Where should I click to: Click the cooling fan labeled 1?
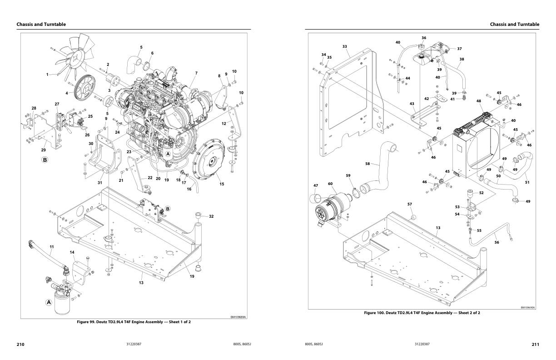point(75,52)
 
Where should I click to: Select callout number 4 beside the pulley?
point(67,93)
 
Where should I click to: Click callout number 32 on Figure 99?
point(211,217)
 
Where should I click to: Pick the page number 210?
point(20,345)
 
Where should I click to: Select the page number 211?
point(535,345)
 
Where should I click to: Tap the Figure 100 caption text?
point(422,313)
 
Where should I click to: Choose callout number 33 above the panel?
point(345,46)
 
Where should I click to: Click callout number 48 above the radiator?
point(479,101)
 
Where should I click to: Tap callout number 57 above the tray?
point(410,205)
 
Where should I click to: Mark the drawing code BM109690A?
point(528,307)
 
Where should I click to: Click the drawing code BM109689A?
point(238,317)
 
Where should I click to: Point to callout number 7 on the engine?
point(196,73)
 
